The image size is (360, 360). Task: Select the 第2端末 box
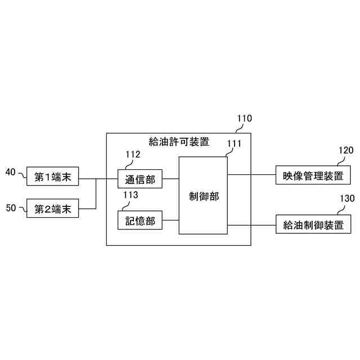click(53, 209)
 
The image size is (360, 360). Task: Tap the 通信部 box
click(140, 180)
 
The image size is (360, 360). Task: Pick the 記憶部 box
click(140, 221)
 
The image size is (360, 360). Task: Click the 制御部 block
click(204, 196)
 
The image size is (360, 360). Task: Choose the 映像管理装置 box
click(313, 175)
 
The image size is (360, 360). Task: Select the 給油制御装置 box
click(313, 225)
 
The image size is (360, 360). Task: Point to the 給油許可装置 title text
click(178, 141)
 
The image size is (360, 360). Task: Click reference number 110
click(244, 119)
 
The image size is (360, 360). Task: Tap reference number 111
click(234, 143)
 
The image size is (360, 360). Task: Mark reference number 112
click(133, 154)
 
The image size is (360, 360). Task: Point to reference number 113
click(130, 195)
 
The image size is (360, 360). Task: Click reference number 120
click(346, 150)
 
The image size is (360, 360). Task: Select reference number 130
click(346, 199)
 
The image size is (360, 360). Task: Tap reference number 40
click(11, 172)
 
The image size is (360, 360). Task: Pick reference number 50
click(11, 208)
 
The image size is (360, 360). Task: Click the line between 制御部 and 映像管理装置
click(251, 174)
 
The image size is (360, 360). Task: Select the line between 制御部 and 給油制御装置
click(251, 225)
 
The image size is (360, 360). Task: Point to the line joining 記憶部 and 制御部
click(170, 221)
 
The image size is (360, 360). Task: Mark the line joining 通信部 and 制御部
click(170, 180)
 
